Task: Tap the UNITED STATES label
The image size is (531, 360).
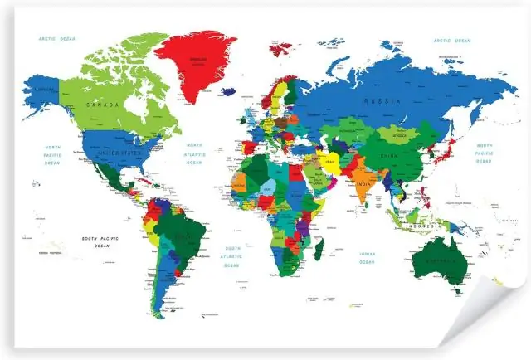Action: coord(115,153)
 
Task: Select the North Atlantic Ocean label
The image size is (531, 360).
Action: coord(194,153)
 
